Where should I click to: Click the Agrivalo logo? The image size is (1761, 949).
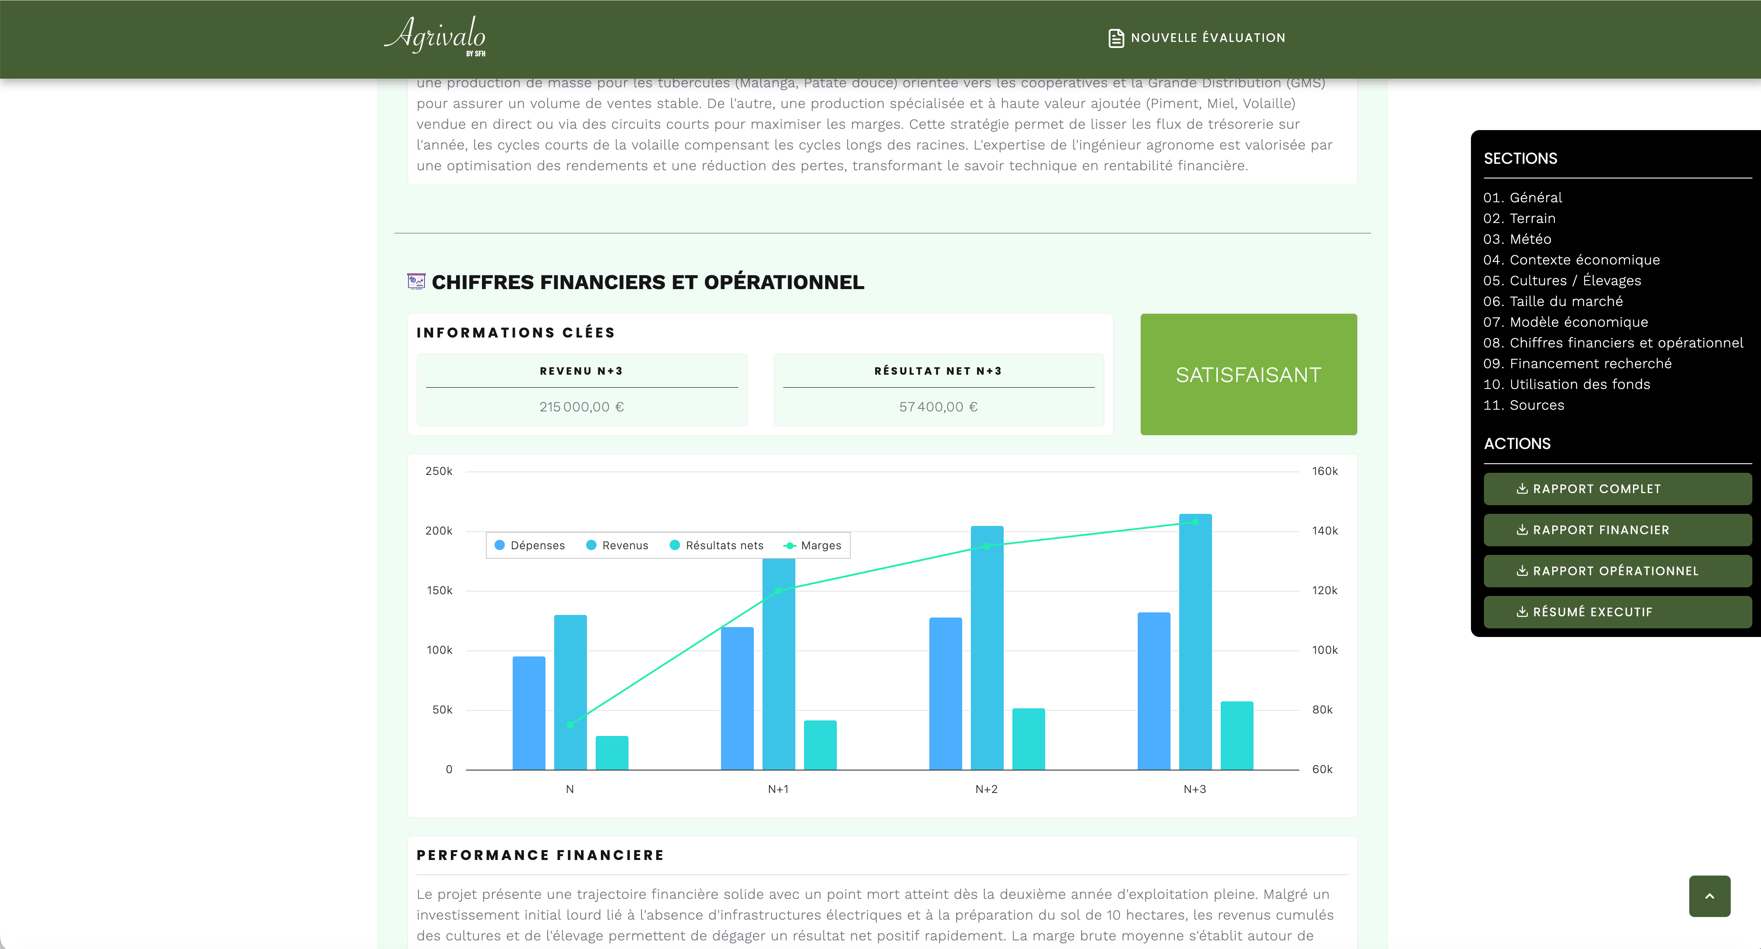tap(435, 36)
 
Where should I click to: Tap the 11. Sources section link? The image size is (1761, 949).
tap(1523, 405)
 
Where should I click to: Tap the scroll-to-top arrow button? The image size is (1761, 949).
tap(1709, 896)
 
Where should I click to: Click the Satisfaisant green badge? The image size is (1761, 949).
tap(1248, 374)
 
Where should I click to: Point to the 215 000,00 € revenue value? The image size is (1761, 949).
tap(582, 407)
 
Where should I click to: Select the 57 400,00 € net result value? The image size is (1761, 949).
tap(938, 407)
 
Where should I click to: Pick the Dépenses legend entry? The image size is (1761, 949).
tap(530, 545)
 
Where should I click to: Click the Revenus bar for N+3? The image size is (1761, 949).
tap(1195, 642)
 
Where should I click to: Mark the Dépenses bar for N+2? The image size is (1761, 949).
tap(945, 694)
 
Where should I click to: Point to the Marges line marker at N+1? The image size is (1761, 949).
tap(778, 590)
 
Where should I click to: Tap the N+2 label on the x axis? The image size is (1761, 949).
tap(986, 789)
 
